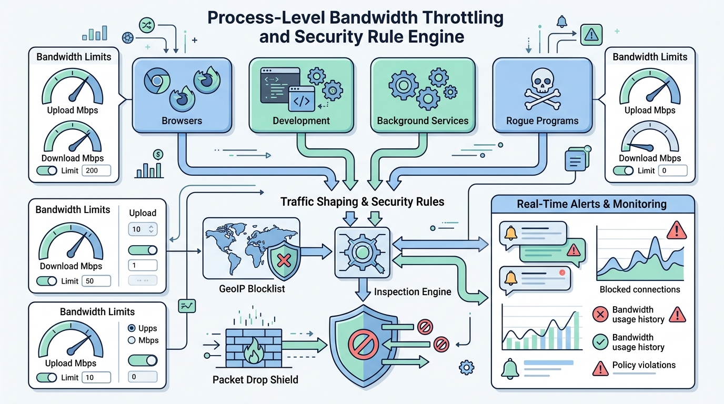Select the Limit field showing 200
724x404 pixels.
tap(96, 170)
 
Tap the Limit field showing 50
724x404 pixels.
tap(96, 281)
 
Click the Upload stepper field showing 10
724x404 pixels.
tap(143, 229)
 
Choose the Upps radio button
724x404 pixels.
tap(132, 328)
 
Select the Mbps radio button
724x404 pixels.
tap(132, 340)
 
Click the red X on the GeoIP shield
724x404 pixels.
tap(284, 260)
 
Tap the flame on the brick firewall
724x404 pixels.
tap(254, 351)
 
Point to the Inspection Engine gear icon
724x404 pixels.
tap(363, 252)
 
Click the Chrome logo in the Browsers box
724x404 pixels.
tap(157, 81)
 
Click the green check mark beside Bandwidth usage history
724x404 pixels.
tap(600, 342)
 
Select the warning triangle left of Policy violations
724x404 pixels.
tap(600, 368)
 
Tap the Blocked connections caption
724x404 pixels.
tap(640, 289)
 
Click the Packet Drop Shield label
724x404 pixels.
tap(255, 379)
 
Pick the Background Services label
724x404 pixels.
tap(423, 120)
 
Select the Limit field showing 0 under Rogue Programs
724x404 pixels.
tap(672, 170)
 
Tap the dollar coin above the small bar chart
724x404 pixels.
tap(158, 155)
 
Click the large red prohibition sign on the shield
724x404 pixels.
tap(363, 345)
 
